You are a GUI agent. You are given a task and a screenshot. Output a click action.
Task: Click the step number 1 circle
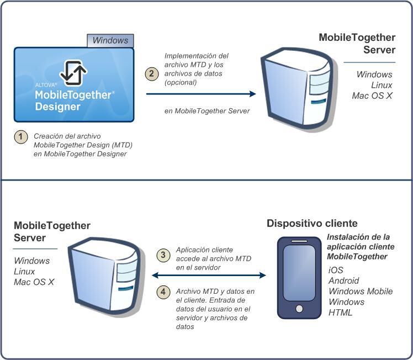click(x=20, y=137)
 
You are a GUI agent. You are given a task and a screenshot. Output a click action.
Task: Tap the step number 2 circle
click(x=151, y=74)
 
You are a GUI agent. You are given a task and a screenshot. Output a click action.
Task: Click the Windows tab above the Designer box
click(x=110, y=40)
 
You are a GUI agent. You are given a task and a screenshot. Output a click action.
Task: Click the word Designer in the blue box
click(x=57, y=107)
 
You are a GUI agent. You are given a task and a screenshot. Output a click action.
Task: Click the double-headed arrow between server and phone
click(x=209, y=274)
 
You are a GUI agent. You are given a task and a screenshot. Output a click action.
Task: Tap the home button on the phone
click(x=299, y=308)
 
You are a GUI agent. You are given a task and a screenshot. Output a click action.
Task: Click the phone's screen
click(x=299, y=273)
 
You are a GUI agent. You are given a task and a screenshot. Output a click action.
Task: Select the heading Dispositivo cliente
click(x=312, y=224)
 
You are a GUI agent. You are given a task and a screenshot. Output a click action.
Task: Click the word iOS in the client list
click(x=336, y=270)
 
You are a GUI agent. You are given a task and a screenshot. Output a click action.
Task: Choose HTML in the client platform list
click(x=340, y=313)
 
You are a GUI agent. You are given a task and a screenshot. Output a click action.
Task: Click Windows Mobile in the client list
click(x=361, y=291)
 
